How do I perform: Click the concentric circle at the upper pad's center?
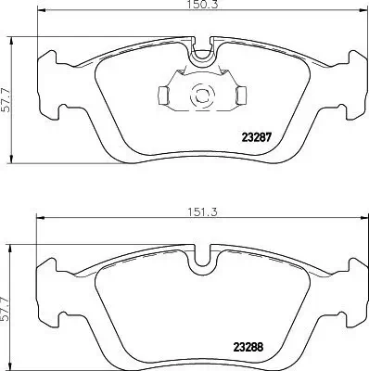coord(200,94)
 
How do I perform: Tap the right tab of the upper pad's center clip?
coord(238,94)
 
